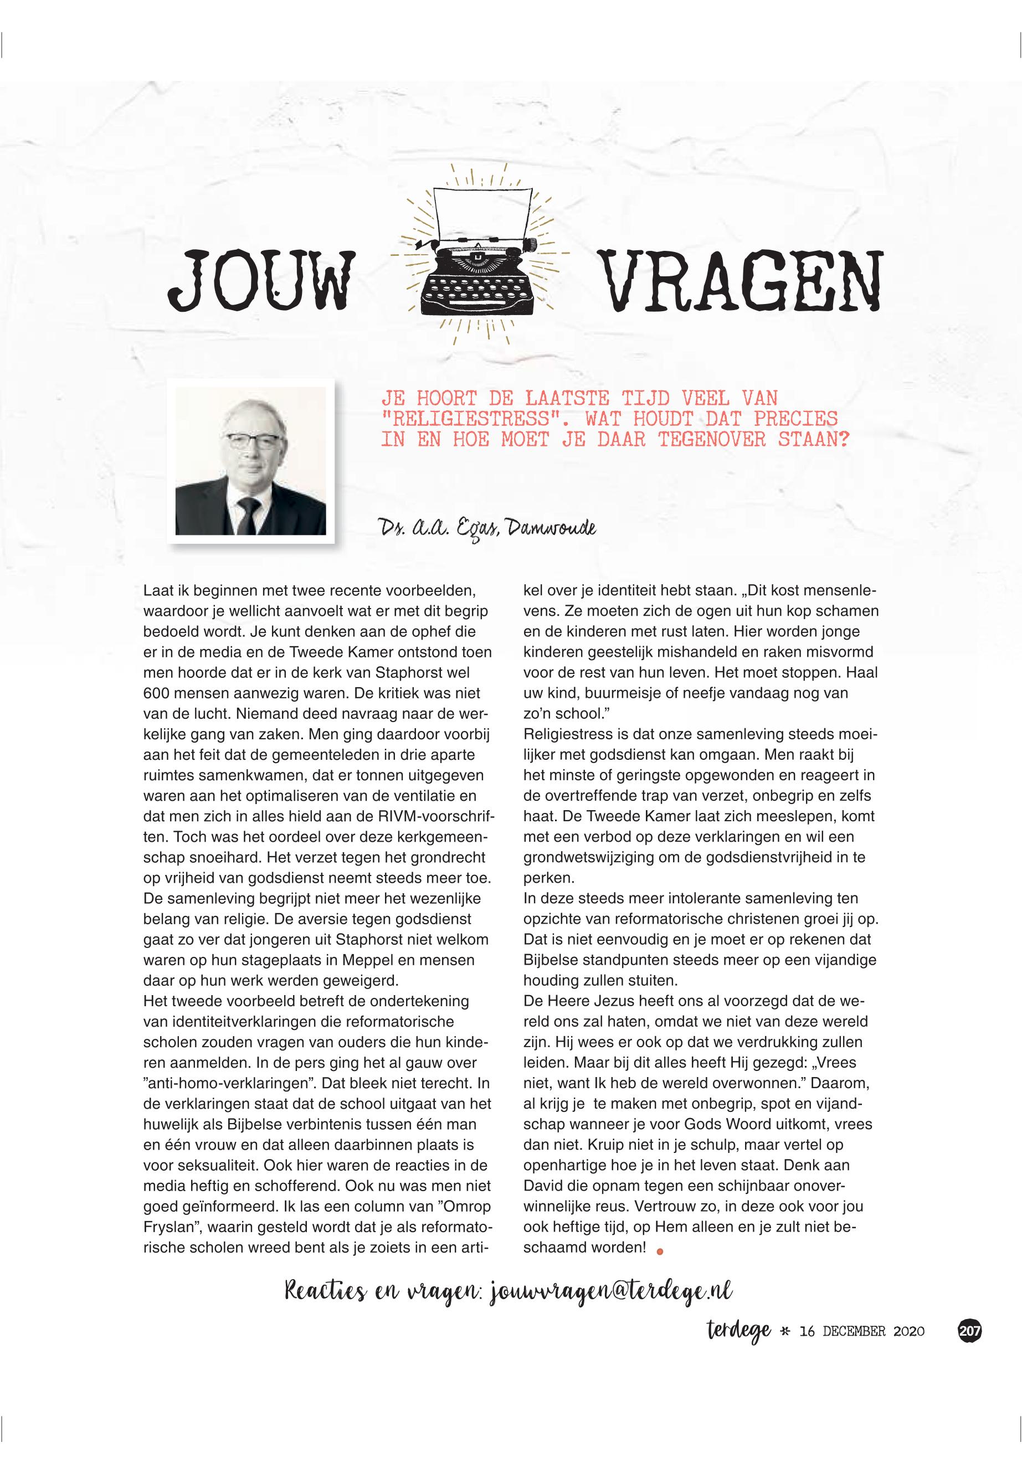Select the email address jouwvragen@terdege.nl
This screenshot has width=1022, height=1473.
[x=611, y=1291]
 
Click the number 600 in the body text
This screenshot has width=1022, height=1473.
[x=156, y=693]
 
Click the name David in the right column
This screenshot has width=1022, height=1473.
[x=542, y=1185]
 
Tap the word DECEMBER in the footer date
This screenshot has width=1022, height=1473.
[x=854, y=1332]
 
